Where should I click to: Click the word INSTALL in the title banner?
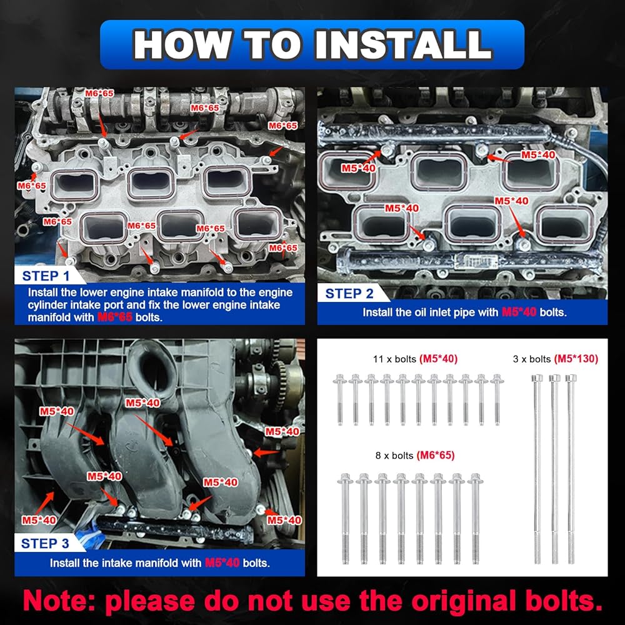(x=403, y=44)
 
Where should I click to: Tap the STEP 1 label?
(x=46, y=276)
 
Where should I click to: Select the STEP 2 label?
(x=349, y=293)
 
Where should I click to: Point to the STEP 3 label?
(x=45, y=543)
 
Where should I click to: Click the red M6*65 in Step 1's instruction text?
(x=115, y=317)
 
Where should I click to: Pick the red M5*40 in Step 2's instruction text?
(x=519, y=312)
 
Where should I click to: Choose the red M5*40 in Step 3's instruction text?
(x=222, y=562)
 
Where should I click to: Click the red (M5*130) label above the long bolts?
(x=577, y=359)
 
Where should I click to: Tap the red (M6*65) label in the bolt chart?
(x=435, y=455)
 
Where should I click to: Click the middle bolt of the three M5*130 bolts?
(x=554, y=469)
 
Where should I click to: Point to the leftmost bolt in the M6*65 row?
(x=345, y=519)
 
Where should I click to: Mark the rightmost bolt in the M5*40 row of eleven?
(x=497, y=399)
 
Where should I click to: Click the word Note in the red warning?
(x=56, y=600)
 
